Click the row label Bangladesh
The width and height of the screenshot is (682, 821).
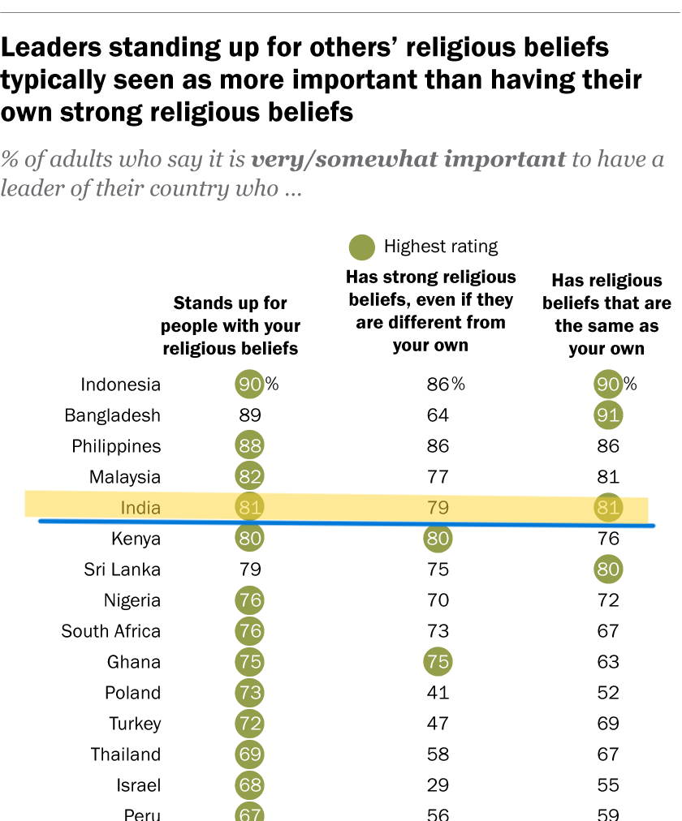click(113, 415)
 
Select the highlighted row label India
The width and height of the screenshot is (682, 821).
click(140, 508)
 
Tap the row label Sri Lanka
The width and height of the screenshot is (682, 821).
click(122, 570)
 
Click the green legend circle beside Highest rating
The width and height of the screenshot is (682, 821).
click(361, 247)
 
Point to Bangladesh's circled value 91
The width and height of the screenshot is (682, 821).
click(607, 415)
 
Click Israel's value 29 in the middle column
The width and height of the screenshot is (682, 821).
click(438, 785)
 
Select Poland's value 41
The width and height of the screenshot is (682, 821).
click(438, 693)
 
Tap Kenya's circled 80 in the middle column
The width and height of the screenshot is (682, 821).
click(438, 539)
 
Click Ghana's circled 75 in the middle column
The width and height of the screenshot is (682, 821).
click(438, 662)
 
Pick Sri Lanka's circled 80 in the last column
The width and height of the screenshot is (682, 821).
click(607, 570)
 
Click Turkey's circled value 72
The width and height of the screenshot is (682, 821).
click(250, 724)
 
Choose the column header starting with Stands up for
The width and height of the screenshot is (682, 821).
click(231, 326)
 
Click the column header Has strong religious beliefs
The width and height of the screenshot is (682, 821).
click(431, 311)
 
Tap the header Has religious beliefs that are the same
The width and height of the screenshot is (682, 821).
click(606, 315)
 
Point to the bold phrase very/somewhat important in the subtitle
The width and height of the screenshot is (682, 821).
click(408, 158)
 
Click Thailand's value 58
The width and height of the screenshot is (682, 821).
click(438, 754)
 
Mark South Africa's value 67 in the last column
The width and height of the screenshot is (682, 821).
click(607, 631)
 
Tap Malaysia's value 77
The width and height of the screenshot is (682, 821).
click(438, 477)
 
